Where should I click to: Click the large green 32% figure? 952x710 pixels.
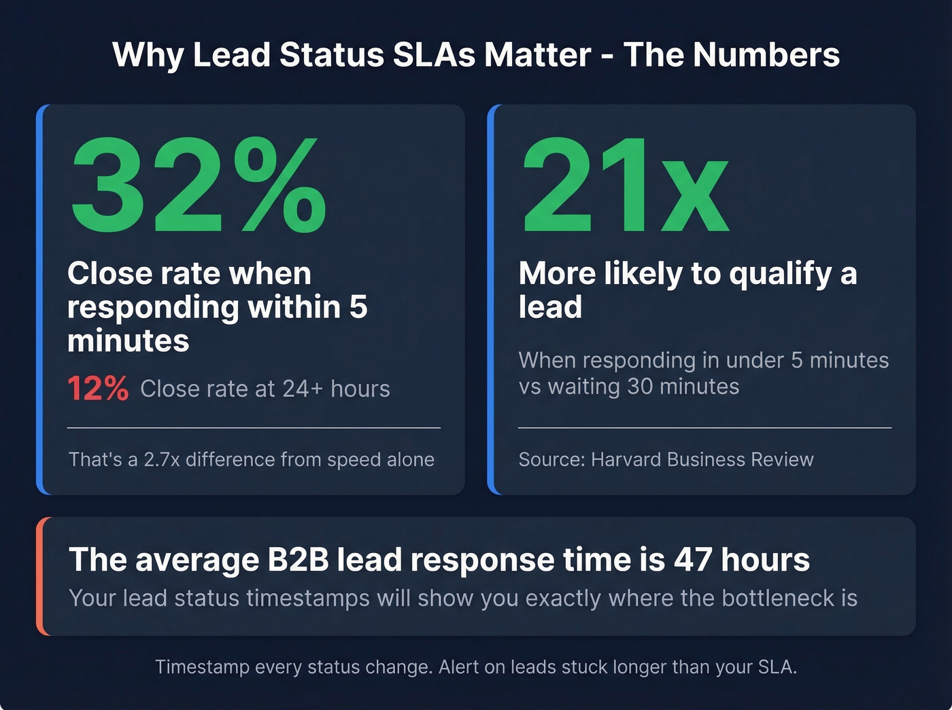point(197,185)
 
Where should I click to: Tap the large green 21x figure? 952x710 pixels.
point(624,185)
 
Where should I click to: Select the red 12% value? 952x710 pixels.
point(98,389)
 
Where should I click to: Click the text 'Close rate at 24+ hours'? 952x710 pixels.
point(265,389)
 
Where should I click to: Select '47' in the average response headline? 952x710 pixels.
point(693,560)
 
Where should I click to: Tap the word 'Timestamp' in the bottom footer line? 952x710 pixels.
point(202,667)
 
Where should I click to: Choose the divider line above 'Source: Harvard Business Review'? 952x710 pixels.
point(704,428)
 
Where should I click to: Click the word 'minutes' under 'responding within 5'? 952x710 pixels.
point(129,340)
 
